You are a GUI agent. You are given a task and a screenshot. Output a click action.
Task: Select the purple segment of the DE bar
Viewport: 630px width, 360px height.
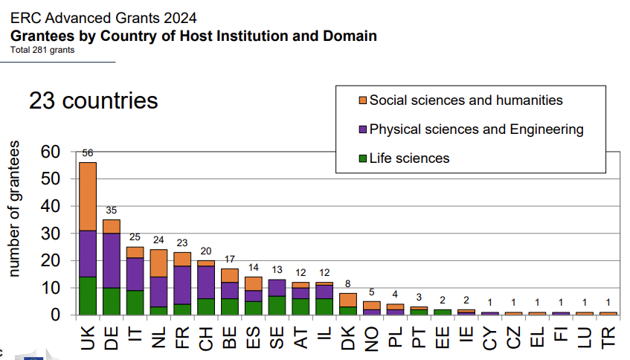click(112, 260)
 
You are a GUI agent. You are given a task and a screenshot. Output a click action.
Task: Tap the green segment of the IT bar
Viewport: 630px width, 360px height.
click(135, 302)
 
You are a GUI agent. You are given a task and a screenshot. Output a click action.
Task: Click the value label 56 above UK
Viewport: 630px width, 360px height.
click(88, 153)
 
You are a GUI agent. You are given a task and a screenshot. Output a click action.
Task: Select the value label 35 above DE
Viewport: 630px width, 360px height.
click(112, 210)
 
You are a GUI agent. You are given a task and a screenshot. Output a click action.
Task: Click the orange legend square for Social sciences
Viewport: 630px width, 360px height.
click(362, 100)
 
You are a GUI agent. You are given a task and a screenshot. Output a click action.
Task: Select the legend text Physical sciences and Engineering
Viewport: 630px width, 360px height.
click(477, 129)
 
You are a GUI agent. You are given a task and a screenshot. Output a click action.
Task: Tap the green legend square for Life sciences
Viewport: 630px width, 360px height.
click(362, 158)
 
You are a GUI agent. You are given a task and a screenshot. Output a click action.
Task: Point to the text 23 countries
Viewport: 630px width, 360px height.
click(94, 100)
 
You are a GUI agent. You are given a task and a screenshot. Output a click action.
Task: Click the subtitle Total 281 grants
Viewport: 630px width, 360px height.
click(42, 51)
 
